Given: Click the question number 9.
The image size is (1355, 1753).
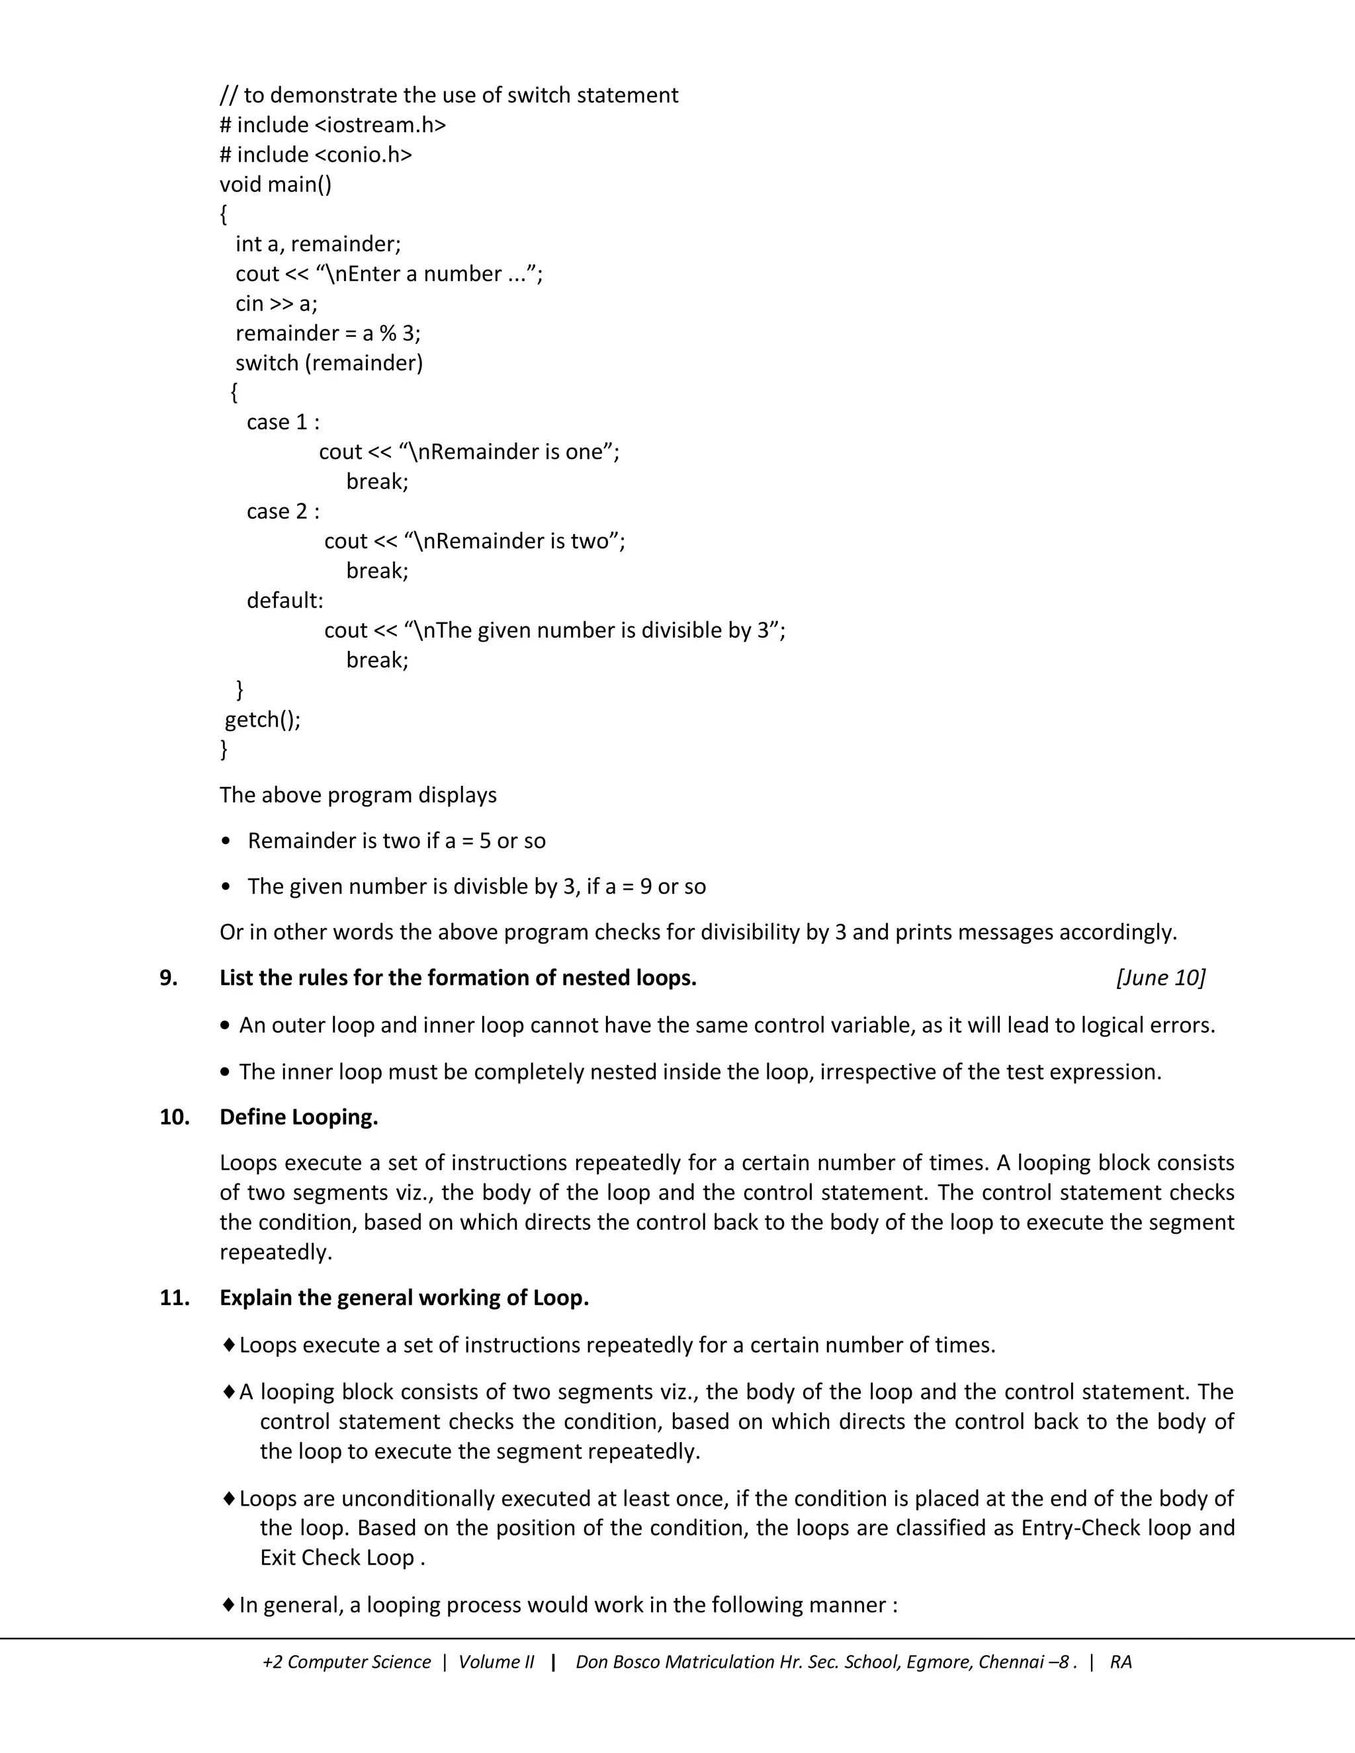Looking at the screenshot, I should click(168, 978).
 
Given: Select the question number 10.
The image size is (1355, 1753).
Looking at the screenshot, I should click(174, 1117).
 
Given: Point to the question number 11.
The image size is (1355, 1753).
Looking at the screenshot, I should click(174, 1297).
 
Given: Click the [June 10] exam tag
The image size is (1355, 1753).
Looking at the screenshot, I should click(1160, 978).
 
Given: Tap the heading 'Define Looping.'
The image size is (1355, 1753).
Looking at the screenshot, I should click(298, 1117).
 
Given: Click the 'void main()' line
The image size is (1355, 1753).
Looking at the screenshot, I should click(275, 185).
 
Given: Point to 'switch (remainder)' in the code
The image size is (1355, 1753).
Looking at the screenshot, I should click(329, 363).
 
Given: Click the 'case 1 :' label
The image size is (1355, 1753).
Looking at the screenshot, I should click(283, 422).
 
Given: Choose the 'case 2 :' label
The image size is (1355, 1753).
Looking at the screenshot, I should click(283, 511).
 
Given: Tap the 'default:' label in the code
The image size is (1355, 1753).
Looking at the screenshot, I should click(285, 601).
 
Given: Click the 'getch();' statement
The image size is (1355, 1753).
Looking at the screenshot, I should click(263, 719).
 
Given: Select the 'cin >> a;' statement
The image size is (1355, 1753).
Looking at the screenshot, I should click(276, 304).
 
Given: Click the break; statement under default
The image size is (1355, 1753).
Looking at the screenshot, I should click(377, 660).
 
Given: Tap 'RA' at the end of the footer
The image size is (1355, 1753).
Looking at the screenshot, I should click(1121, 1662).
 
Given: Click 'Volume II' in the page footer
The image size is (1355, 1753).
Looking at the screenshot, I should click(496, 1662).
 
